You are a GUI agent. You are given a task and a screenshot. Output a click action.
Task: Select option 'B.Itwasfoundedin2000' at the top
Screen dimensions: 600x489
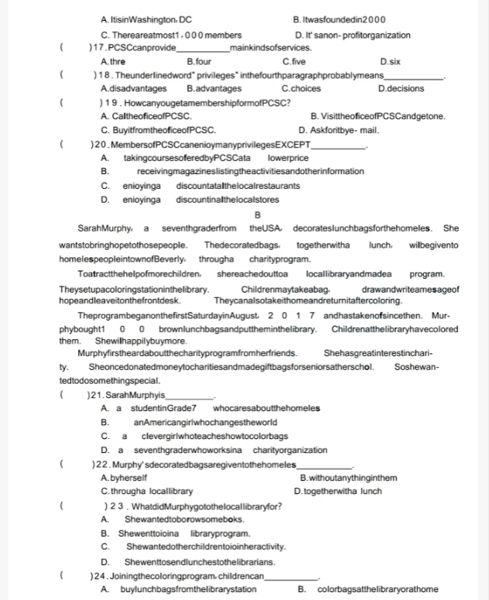340,19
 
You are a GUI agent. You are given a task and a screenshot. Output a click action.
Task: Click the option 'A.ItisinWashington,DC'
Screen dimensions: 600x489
145,19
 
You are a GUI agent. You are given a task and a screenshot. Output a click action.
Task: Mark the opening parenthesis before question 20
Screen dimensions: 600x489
60,144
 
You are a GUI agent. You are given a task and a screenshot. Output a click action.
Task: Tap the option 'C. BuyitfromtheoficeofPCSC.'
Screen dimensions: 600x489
158,129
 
